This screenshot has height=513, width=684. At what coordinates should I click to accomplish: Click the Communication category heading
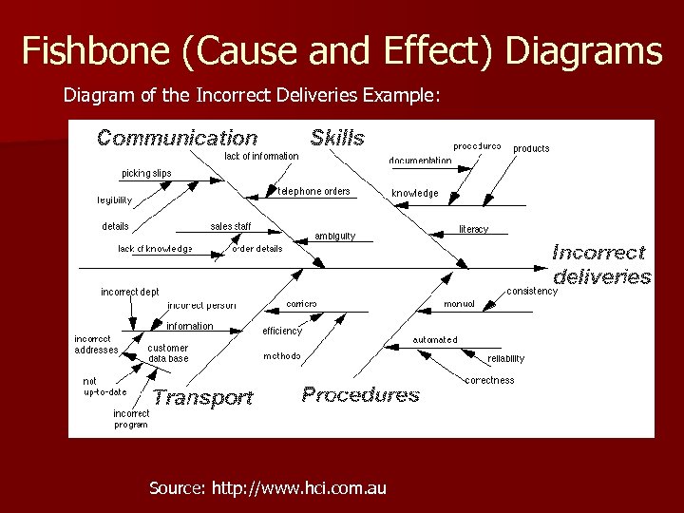coord(177,139)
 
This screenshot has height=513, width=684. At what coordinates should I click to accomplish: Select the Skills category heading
coord(337,138)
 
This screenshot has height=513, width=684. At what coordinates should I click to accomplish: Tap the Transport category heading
coord(203,398)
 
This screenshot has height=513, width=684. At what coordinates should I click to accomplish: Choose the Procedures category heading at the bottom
coord(360,394)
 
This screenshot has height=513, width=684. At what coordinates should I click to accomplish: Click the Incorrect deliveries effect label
coord(601,265)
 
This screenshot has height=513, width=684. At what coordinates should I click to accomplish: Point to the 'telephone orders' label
coord(313,191)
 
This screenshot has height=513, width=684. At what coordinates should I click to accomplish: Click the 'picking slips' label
coord(146,174)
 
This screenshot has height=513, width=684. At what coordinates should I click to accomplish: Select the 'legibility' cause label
coord(115,200)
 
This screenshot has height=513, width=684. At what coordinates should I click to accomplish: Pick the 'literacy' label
coord(473,229)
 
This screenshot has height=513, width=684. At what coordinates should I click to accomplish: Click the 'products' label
coord(531,148)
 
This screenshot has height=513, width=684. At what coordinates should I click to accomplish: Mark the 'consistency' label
coord(532,291)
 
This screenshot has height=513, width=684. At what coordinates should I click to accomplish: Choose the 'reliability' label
coord(505,359)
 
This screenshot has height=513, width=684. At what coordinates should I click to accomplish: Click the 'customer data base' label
coord(168,353)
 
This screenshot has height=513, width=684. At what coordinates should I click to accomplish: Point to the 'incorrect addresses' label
coord(97,344)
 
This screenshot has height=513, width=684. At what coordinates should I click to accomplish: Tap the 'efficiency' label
coord(282,332)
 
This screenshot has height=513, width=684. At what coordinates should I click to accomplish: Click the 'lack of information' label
coord(261,155)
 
